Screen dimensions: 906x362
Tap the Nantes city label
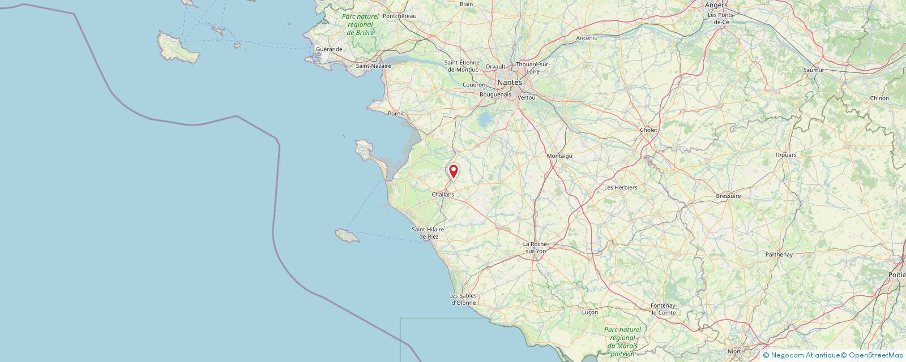point(510,83)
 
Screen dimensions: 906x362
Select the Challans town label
point(443,195)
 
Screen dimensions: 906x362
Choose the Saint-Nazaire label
point(373,66)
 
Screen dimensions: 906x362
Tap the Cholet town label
point(648,130)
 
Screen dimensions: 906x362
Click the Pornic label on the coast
point(396,114)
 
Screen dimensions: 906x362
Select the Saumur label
point(814,70)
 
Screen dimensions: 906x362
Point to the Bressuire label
point(728,196)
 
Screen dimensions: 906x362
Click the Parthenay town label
point(779,255)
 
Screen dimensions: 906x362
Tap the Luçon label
point(589,312)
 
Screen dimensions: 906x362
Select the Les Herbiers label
point(621,187)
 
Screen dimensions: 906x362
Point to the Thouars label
point(785,155)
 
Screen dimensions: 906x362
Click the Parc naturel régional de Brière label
point(360,25)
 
